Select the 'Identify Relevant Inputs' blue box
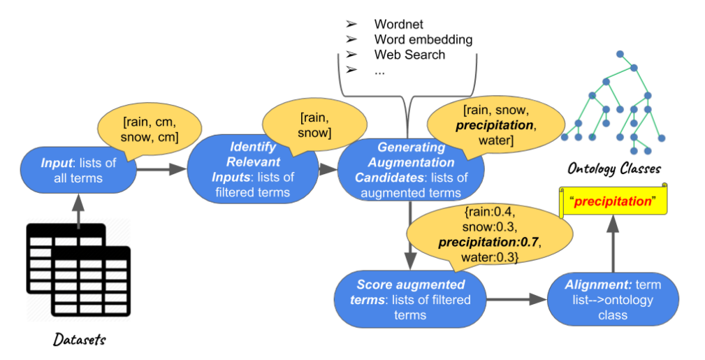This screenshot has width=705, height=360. point(252,171)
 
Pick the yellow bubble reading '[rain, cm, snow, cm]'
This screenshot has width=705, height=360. point(150,127)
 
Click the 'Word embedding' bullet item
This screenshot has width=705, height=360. point(423,39)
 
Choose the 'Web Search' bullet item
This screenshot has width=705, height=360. point(409,54)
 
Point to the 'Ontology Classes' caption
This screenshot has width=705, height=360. point(614,168)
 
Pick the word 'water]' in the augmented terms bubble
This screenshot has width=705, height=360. point(493,143)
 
